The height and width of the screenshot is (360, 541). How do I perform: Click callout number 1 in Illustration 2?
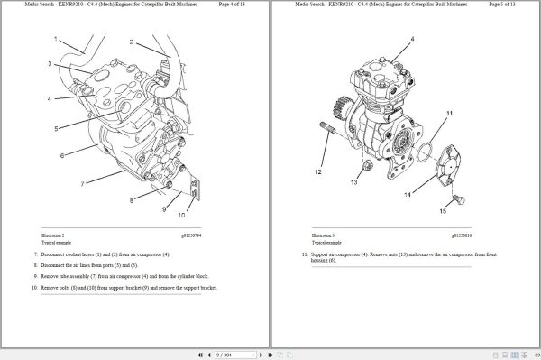pyautogui.click(x=56, y=39)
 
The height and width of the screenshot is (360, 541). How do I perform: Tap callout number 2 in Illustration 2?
pyautogui.click(x=132, y=42)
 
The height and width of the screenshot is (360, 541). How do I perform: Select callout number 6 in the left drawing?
pyautogui.click(x=62, y=156)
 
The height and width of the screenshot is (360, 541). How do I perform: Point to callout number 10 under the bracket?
pyautogui.click(x=181, y=216)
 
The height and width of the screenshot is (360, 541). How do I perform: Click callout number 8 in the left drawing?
pyautogui.click(x=132, y=199)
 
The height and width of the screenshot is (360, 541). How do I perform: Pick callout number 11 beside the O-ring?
pyautogui.click(x=449, y=113)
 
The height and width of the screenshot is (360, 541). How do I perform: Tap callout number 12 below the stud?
pyautogui.click(x=318, y=171)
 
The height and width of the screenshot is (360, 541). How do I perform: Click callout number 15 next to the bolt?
pyautogui.click(x=443, y=211)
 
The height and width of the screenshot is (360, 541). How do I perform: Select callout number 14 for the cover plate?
pyautogui.click(x=408, y=195)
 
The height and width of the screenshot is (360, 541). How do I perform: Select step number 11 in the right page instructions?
pyautogui.click(x=304, y=256)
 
